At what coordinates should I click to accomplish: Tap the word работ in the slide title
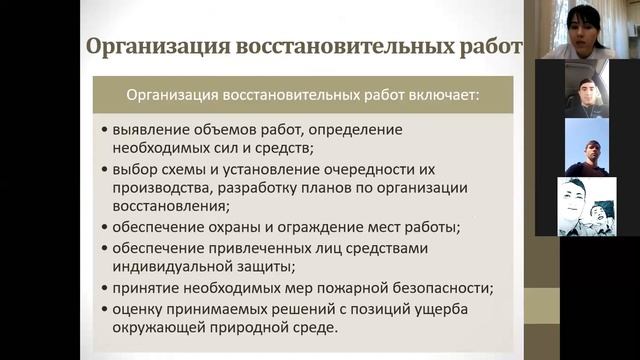coord(490,47)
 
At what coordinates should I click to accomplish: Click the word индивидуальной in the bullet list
coord(172,267)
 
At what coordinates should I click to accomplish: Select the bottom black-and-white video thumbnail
coord(586,207)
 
